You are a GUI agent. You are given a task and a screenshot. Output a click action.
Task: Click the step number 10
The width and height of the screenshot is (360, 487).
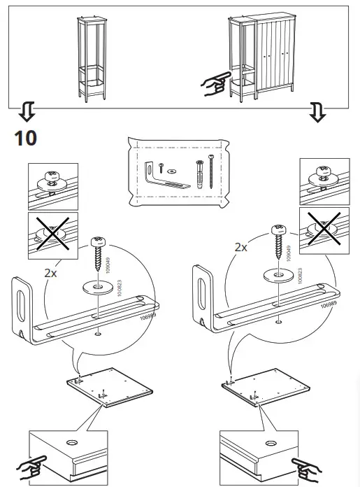pyautogui.click(x=25, y=137)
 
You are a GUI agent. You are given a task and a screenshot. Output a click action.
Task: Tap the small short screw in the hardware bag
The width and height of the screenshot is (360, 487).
pyautogui.click(x=159, y=167)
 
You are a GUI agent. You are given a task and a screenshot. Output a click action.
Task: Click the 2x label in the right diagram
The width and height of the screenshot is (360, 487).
pyautogui.click(x=240, y=247)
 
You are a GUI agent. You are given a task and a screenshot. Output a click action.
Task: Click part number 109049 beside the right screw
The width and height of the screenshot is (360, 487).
pyautogui.click(x=287, y=250)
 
